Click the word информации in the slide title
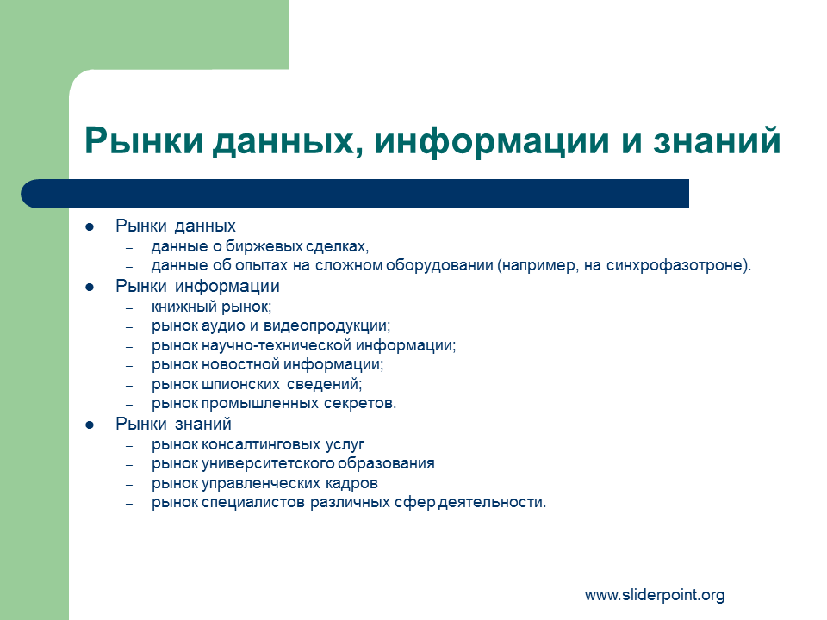[x=492, y=140]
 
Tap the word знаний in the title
[x=718, y=139]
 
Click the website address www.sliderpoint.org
[x=655, y=595]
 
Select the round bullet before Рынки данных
[x=90, y=227]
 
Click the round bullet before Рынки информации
[x=90, y=288]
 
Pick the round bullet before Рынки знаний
[x=90, y=425]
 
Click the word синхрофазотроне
[x=675, y=265]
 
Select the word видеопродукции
[x=326, y=325]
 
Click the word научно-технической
[x=277, y=345]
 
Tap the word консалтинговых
[x=261, y=444]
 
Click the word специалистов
[x=253, y=502]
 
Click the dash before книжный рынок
[x=129, y=307]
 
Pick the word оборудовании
[x=439, y=265]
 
